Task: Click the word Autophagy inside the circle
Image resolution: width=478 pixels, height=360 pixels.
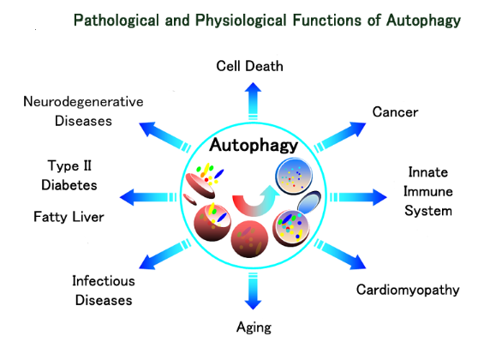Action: tap(254, 146)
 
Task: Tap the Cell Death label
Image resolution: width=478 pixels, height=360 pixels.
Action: tap(249, 66)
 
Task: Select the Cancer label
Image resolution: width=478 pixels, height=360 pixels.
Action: tap(395, 112)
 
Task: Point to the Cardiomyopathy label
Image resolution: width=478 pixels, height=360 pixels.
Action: tap(408, 290)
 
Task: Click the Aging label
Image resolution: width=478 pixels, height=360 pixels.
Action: tap(254, 327)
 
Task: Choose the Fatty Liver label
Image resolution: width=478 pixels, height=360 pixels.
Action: tap(69, 217)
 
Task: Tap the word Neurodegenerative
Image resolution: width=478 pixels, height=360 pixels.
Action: tap(83, 102)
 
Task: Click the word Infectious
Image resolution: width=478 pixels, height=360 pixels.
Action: tap(104, 281)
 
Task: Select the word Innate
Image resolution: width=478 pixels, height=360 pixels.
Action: tap(428, 172)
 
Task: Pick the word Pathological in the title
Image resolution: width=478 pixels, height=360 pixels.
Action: tap(117, 21)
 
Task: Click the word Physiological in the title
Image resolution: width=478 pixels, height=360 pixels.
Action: tap(241, 21)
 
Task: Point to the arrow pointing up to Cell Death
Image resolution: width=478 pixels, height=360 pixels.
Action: tap(253, 101)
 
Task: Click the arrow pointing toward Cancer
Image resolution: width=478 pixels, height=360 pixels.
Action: tap(340, 137)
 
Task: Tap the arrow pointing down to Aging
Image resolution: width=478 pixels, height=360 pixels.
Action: tap(253, 291)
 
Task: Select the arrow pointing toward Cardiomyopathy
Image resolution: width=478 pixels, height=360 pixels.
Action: tap(340, 255)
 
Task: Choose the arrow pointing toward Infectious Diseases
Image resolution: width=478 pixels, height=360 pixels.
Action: tap(165, 255)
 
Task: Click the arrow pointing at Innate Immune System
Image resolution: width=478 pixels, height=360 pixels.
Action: tap(358, 197)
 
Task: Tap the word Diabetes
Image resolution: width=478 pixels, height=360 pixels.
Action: tap(69, 185)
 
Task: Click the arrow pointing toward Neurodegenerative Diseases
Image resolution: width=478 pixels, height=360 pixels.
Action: tap(165, 137)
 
